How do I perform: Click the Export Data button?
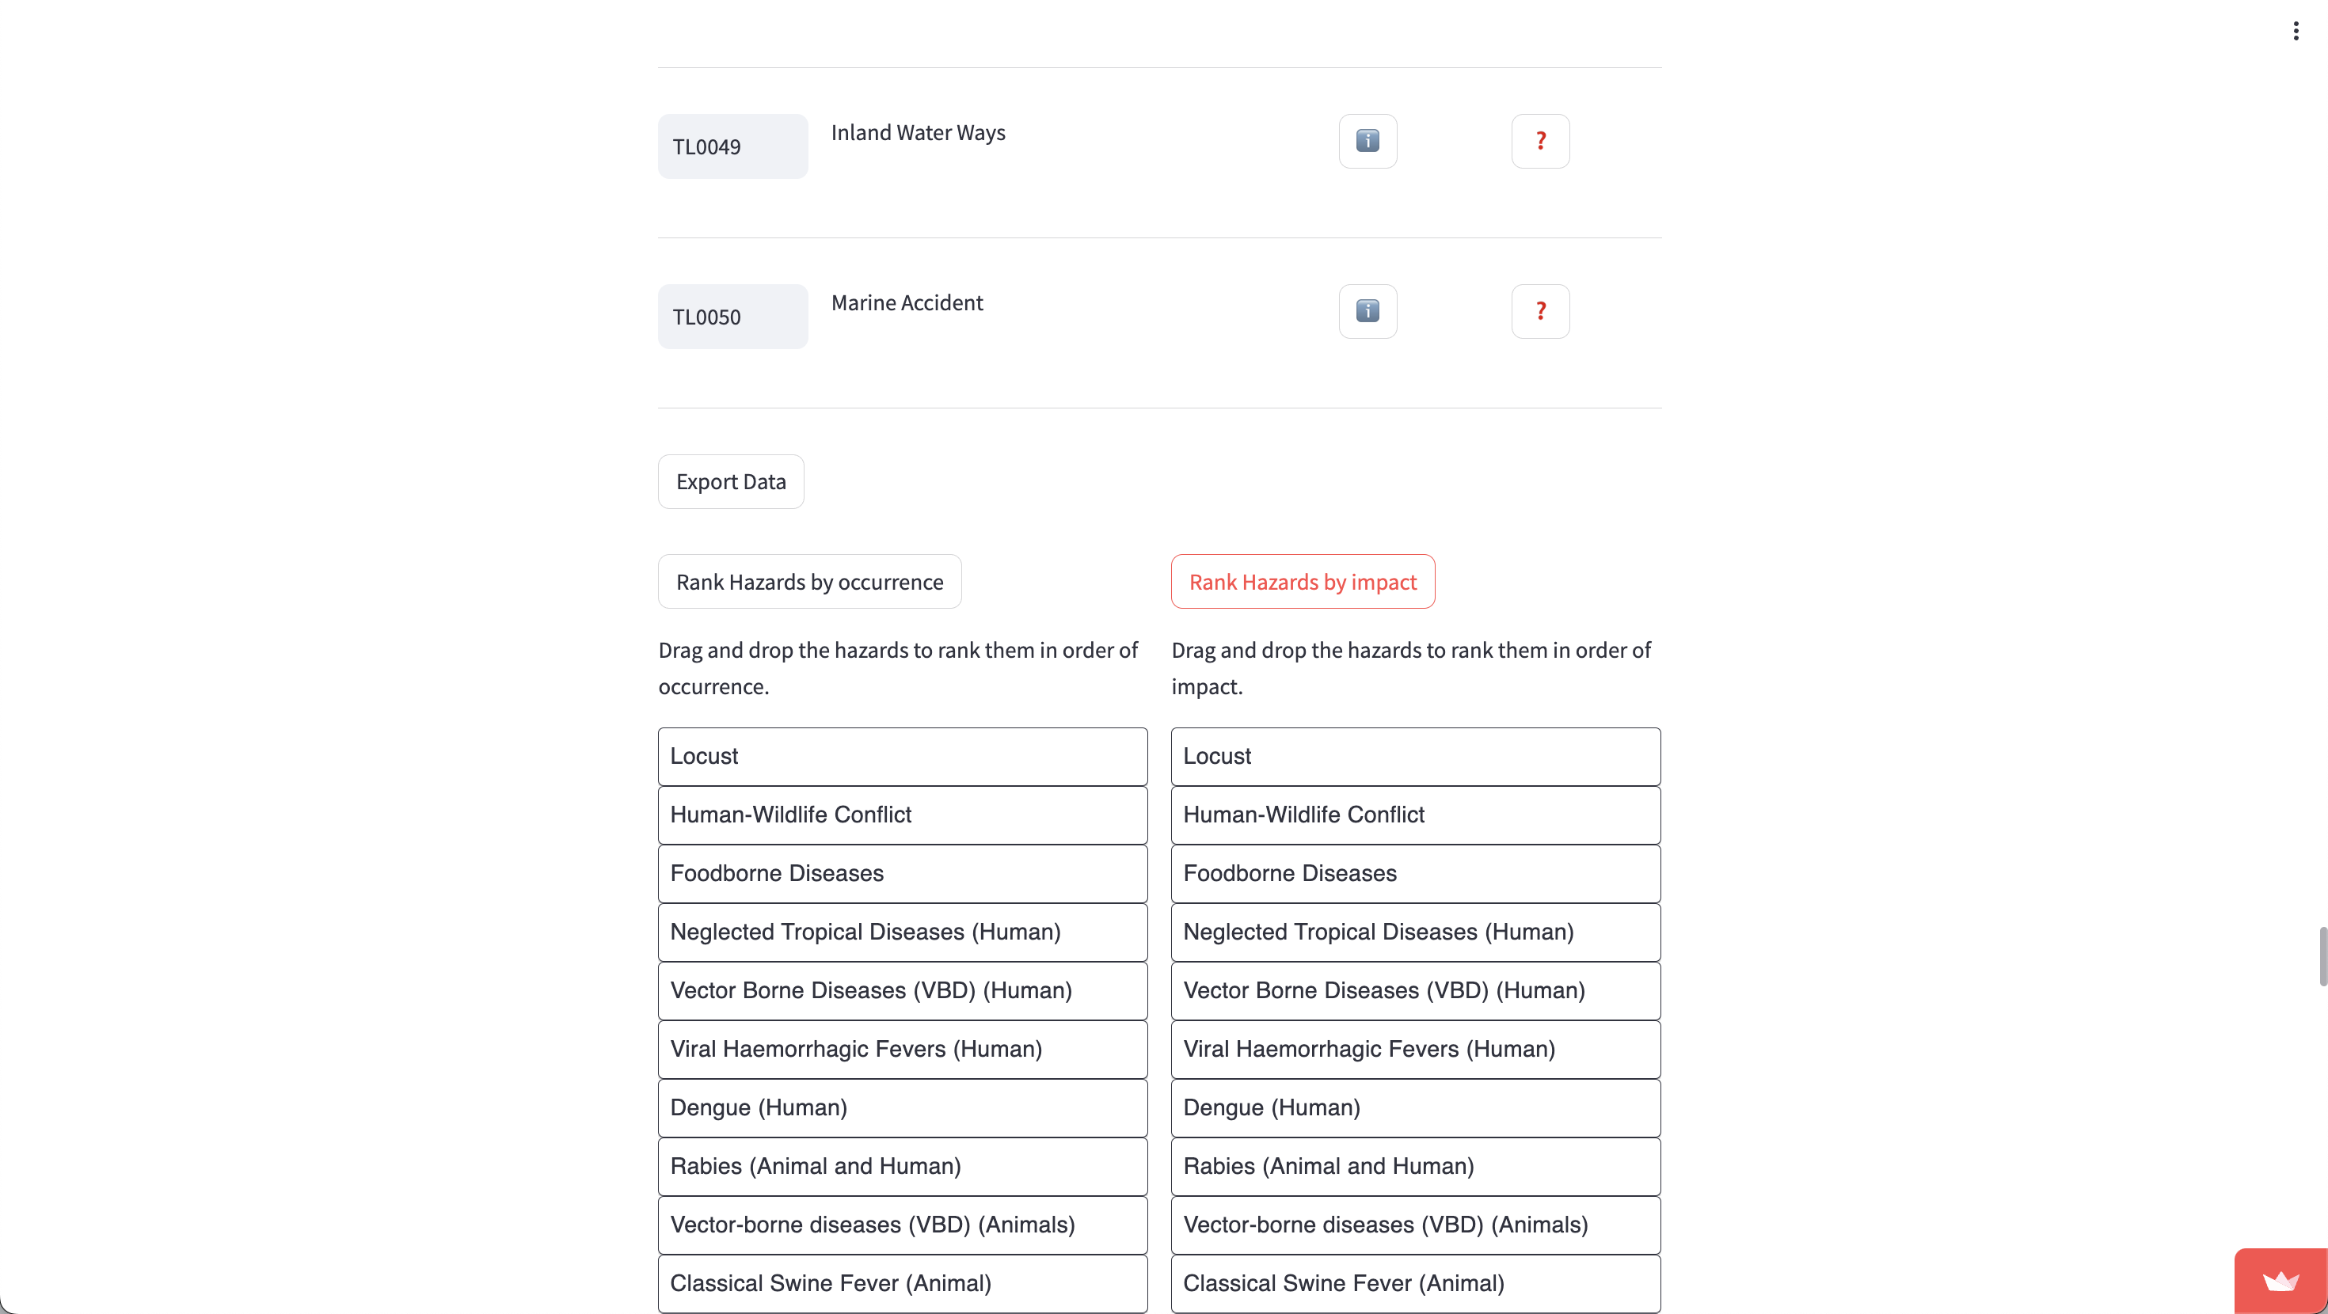click(x=730, y=482)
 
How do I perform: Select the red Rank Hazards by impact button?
click(x=1303, y=582)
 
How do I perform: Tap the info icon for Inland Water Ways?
click(x=1368, y=141)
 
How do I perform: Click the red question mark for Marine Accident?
click(x=1540, y=312)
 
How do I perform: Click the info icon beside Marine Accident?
click(x=1368, y=312)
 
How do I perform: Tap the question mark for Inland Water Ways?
click(x=1540, y=141)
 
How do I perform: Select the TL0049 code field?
click(x=732, y=146)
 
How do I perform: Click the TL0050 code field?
click(x=732, y=317)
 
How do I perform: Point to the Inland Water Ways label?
click(x=917, y=133)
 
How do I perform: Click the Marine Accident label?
click(x=907, y=302)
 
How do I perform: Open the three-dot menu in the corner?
click(x=2296, y=32)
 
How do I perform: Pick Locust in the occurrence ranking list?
click(x=902, y=757)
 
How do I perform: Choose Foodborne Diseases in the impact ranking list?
click(x=1415, y=873)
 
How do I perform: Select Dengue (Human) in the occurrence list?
click(x=902, y=1108)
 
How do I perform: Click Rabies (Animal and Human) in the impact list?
click(x=1415, y=1167)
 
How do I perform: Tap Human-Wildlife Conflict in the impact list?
click(x=1415, y=815)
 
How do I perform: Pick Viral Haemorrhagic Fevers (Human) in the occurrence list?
click(x=902, y=1049)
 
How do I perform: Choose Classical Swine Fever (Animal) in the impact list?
click(x=1415, y=1283)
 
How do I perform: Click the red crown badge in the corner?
click(x=2280, y=1282)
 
